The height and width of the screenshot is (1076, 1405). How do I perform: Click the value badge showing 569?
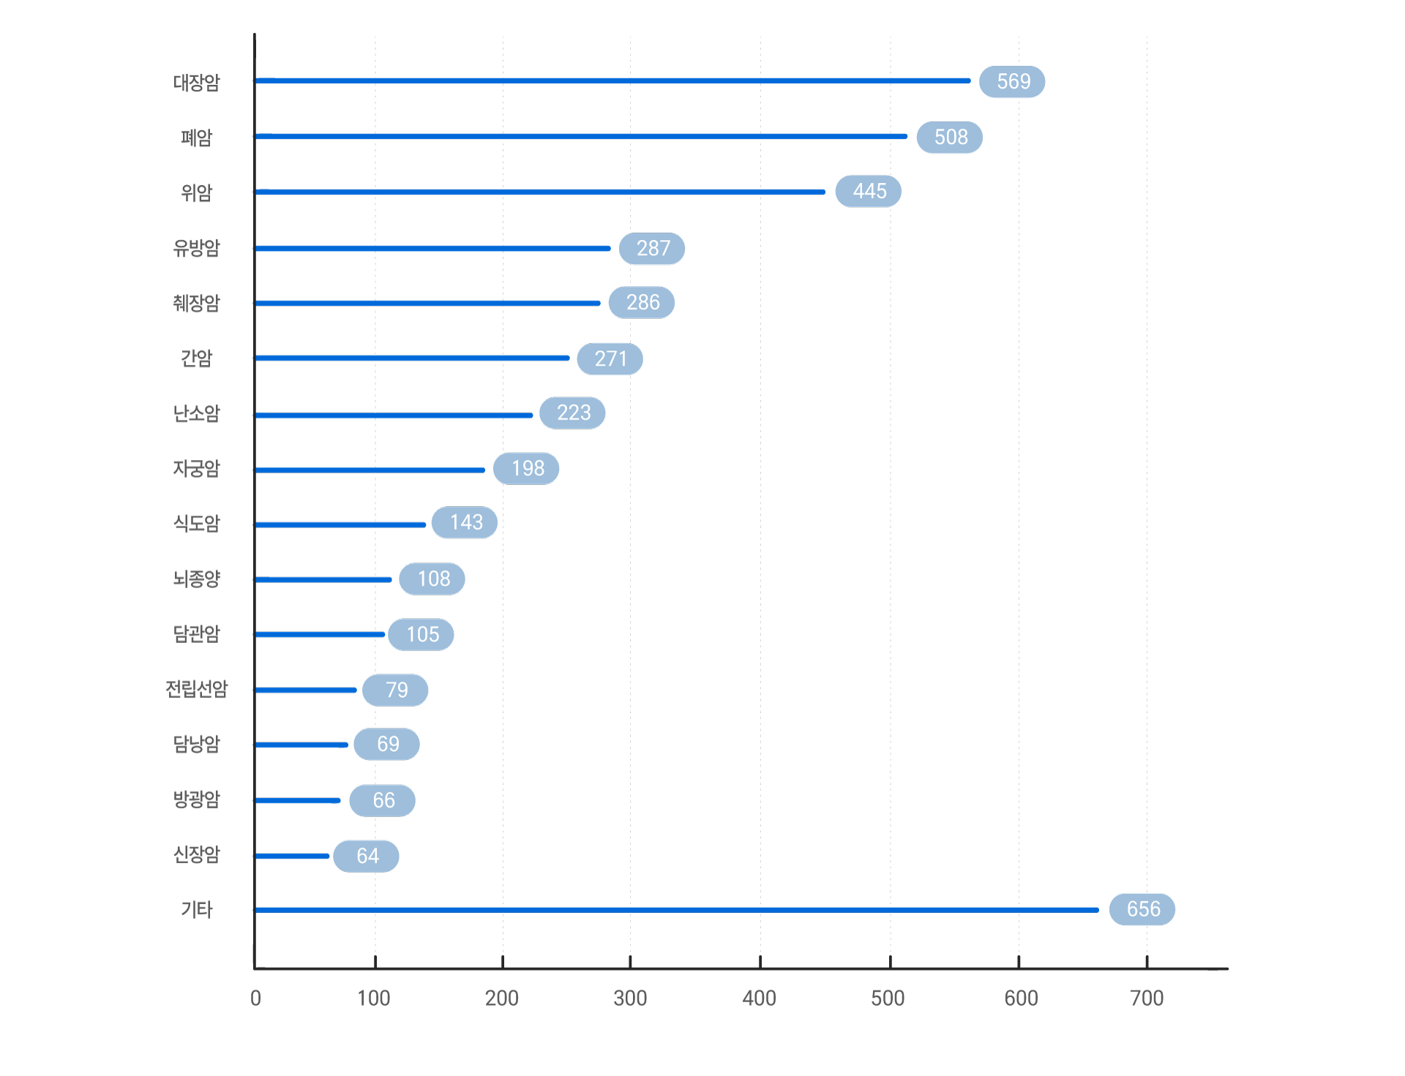coord(1012,81)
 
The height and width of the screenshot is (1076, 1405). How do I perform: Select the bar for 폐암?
coord(581,136)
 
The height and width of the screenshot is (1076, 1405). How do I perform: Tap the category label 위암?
coord(196,193)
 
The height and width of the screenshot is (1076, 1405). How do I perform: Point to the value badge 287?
coord(652,249)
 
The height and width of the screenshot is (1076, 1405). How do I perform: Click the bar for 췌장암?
coord(427,303)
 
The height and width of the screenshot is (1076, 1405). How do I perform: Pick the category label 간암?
coord(196,358)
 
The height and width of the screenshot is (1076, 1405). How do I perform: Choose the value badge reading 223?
coord(572,413)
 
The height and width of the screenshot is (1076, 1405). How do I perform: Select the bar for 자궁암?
coord(370,470)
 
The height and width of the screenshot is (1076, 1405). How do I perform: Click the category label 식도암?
coord(196,524)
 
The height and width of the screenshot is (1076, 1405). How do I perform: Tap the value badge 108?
coord(432,579)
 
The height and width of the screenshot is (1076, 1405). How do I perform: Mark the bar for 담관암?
coord(320,634)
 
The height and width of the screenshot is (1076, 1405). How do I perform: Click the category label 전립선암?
coord(196,689)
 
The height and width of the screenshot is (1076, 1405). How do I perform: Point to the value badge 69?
coord(387,744)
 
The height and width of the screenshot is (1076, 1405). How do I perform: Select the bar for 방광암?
coord(298,800)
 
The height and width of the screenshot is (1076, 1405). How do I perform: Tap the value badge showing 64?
coord(367,856)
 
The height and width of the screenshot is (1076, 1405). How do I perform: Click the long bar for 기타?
coord(677,910)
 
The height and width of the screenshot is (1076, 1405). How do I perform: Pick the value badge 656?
coord(1142,909)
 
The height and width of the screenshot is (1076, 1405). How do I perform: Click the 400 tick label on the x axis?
coord(759,998)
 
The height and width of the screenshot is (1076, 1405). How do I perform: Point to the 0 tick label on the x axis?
coord(255,998)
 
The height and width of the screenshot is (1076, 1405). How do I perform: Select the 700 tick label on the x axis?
coord(1146,998)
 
